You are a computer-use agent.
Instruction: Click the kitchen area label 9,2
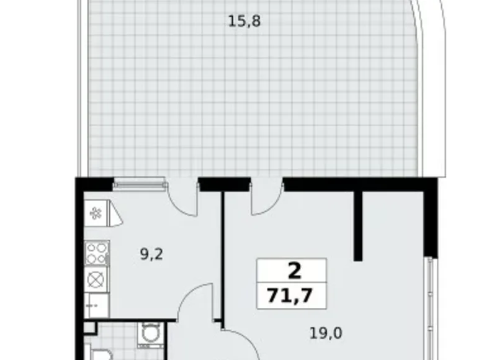151,253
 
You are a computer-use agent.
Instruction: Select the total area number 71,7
291,295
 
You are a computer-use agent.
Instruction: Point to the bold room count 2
291,271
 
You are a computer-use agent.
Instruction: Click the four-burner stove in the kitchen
97,253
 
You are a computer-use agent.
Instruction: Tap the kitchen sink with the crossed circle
97,279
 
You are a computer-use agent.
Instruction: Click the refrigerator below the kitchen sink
97,305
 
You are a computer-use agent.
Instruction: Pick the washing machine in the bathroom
149,335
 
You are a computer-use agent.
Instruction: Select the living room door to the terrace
267,197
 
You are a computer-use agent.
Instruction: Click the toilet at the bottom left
100,354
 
